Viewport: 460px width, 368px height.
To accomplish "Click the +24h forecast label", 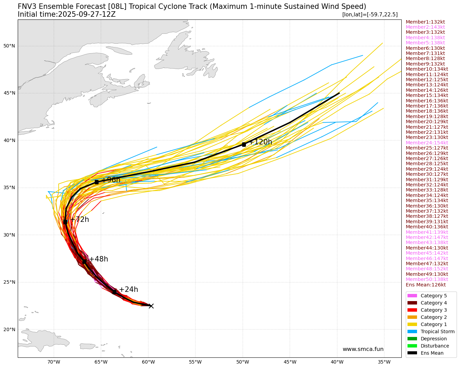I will [x=128, y=290].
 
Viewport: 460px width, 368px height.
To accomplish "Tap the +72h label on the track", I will [x=79, y=220].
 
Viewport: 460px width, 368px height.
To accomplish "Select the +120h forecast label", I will [x=261, y=142].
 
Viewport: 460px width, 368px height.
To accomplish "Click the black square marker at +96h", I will [x=97, y=182].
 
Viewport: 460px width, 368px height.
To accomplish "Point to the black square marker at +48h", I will [x=84, y=261].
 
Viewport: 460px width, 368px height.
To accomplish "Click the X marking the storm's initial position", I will [x=151, y=306].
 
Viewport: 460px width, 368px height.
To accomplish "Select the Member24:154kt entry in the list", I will [x=427, y=143].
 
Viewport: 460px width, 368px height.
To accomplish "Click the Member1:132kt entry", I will [x=425, y=22].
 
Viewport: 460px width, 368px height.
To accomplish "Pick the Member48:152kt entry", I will [x=427, y=269].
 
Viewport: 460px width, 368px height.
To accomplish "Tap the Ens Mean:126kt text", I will [x=426, y=285].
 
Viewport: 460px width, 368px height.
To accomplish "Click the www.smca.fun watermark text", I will [x=363, y=349].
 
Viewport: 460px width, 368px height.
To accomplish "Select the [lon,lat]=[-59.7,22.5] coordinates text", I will [x=370, y=15].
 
